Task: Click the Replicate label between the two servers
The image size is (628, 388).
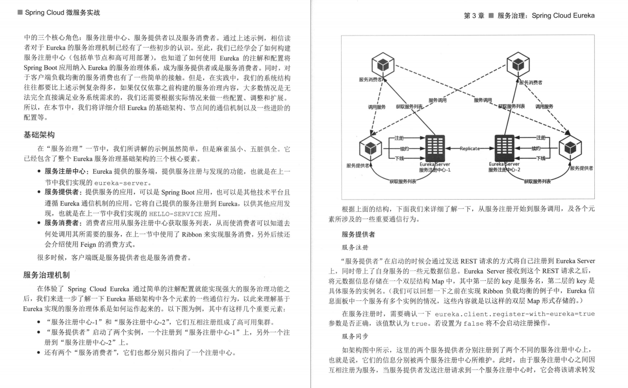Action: (x=470, y=148)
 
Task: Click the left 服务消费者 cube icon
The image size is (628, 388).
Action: (x=382, y=64)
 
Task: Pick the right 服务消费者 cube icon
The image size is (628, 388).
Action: (x=518, y=64)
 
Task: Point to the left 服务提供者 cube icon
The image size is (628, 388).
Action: (x=371, y=149)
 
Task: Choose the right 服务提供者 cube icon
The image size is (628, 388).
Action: (x=570, y=149)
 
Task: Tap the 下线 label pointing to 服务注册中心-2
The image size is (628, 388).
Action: (x=541, y=158)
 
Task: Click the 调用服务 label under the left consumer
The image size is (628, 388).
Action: (x=377, y=107)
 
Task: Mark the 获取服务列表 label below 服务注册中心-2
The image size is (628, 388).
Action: (x=537, y=182)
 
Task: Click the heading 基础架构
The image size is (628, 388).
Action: (x=39, y=134)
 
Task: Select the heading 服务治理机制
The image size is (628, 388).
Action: (x=46, y=275)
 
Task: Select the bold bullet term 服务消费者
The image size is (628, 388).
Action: (x=63, y=223)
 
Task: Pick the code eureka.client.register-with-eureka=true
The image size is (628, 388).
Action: (x=514, y=314)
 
